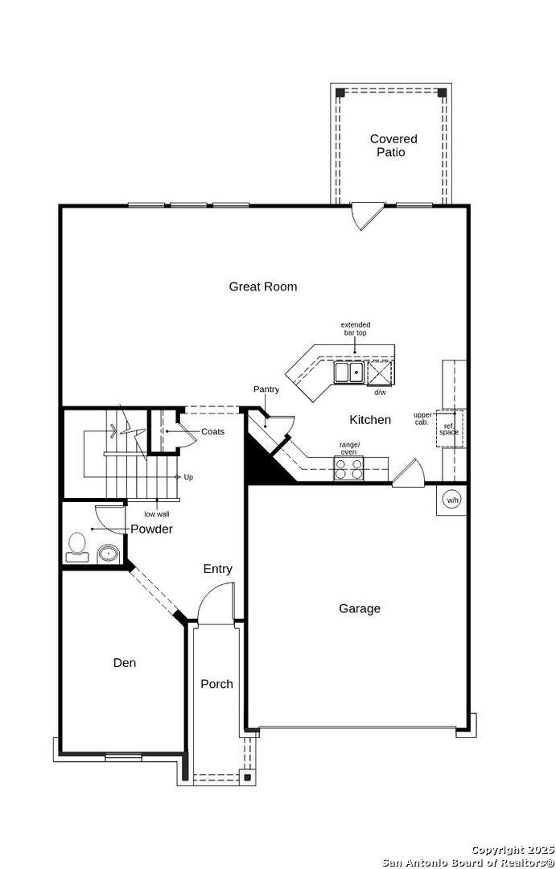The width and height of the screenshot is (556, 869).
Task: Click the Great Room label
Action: coord(262,286)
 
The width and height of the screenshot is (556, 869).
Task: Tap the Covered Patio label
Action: coord(393,146)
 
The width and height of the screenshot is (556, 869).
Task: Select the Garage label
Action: coord(359,608)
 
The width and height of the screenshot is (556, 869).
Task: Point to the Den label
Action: coord(124,663)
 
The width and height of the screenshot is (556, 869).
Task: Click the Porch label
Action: coord(216,684)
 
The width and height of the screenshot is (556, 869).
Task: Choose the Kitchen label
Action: coord(370,419)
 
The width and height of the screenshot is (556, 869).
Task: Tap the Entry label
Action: coord(217,569)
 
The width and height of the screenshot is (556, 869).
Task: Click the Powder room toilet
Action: coord(78,546)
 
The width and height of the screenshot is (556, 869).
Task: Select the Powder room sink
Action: coord(108,554)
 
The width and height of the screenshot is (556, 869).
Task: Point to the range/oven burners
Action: coord(348,469)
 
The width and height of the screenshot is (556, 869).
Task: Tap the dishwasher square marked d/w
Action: coord(379,373)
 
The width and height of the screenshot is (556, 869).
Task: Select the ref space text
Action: coord(449,429)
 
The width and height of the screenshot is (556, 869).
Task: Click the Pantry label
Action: coord(266,389)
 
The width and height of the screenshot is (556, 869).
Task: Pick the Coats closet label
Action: coord(212,431)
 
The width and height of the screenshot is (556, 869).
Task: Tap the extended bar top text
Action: coord(355,328)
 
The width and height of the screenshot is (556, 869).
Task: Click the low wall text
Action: coord(157,513)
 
